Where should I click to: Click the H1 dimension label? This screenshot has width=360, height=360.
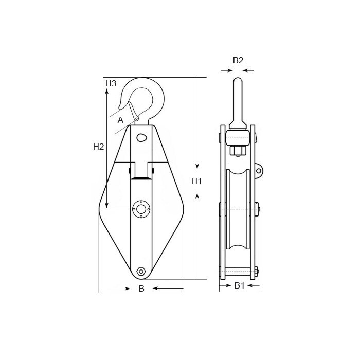(x=196, y=182)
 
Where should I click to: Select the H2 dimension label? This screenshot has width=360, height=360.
(x=99, y=147)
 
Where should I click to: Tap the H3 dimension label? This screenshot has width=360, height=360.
(x=111, y=83)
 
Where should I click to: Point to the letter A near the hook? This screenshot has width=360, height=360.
(x=120, y=120)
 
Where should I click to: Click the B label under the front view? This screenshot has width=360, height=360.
(x=141, y=289)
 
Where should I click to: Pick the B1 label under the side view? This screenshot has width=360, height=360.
(x=239, y=285)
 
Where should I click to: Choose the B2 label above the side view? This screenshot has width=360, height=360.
(x=238, y=60)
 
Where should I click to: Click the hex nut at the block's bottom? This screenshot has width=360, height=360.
(x=141, y=272)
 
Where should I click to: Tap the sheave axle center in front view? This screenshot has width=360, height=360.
(x=141, y=209)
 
